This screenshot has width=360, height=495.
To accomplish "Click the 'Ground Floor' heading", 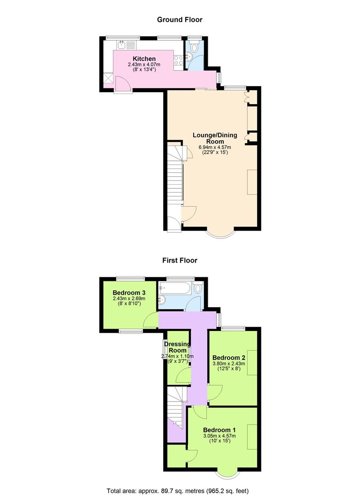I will click(x=179, y=19).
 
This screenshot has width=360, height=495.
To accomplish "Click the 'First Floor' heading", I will click(x=179, y=260).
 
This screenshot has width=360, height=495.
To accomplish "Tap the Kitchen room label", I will click(x=144, y=59).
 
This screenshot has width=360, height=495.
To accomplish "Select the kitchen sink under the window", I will click(x=122, y=45).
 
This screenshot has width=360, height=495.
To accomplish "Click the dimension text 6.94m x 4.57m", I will click(x=215, y=147).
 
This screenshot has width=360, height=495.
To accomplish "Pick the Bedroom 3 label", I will click(x=129, y=293).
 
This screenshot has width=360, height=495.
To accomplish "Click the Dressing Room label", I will click(x=177, y=347).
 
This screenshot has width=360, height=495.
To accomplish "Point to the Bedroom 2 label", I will click(x=229, y=357).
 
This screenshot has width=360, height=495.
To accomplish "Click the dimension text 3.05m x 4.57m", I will click(x=219, y=436).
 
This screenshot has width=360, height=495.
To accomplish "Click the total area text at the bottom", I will click(x=177, y=490).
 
